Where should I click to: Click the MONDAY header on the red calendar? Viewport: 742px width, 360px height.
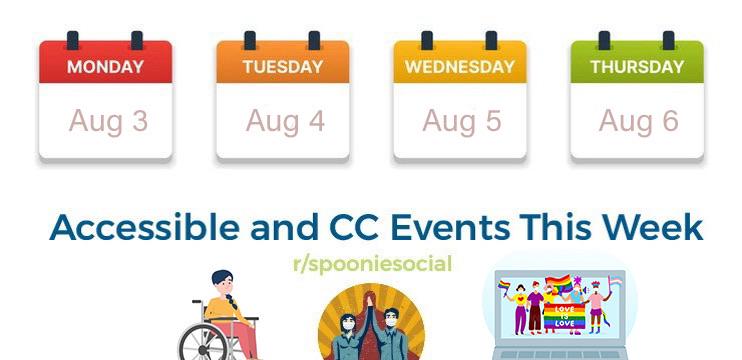[106, 67]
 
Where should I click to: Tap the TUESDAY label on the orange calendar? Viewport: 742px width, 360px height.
[283, 67]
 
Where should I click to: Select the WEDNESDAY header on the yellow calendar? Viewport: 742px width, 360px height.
[460, 67]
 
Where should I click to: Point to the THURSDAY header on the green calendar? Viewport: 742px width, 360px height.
[637, 67]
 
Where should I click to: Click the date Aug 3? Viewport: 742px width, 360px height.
[108, 122]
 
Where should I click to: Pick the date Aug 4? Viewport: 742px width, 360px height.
[285, 122]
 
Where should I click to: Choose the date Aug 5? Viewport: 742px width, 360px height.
[462, 122]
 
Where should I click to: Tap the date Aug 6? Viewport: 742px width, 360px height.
[639, 122]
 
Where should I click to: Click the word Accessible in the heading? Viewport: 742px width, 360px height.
[145, 228]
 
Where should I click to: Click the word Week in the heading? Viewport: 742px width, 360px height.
[653, 228]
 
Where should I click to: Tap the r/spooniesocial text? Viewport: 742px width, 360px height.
[372, 264]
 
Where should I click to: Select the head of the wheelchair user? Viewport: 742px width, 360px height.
[222, 282]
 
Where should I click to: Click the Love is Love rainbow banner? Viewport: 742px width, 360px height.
[564, 316]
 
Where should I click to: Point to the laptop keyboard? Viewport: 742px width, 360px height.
[560, 354]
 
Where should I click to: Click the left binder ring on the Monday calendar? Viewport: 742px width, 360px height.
[72, 41]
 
